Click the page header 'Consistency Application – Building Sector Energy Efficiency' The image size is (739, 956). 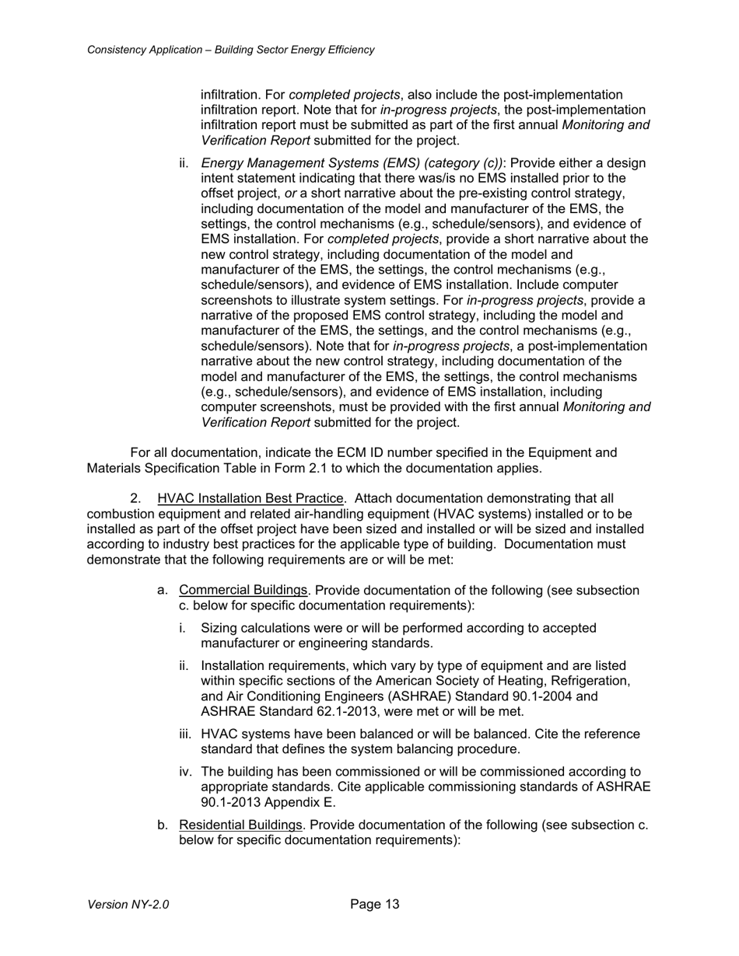230,50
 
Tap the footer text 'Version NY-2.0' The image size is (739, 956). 128,905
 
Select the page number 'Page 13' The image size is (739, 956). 375,904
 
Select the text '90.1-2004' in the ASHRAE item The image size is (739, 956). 569,696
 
